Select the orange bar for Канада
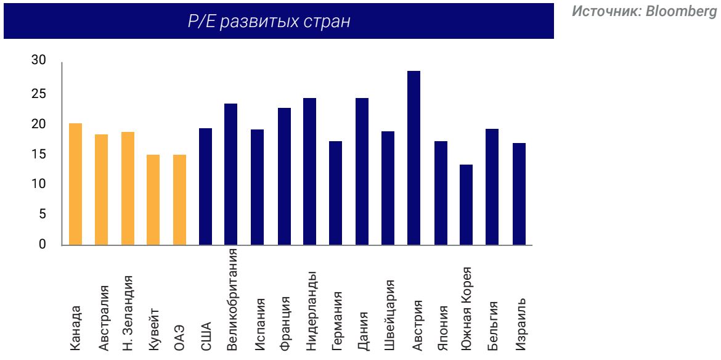[x=75, y=184]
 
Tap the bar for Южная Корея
[x=467, y=205]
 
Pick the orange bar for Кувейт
[x=153, y=200]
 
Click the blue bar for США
[x=206, y=187]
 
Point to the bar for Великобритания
[x=232, y=174]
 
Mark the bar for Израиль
[x=519, y=194]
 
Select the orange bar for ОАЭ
[x=179, y=200]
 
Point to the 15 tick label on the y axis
[x=39, y=155]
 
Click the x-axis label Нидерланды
[x=311, y=302]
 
